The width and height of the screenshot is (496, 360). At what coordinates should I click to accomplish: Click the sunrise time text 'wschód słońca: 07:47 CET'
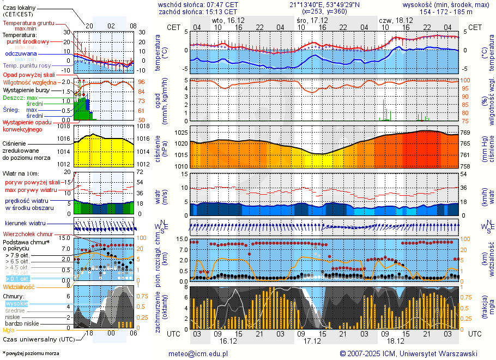click(198, 4)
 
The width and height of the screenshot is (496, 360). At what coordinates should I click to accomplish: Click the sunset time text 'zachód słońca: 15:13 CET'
click(198, 11)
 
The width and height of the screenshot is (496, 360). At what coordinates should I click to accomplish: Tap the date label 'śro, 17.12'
click(309, 20)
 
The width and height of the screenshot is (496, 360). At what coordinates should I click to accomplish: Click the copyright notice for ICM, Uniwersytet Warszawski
click(408, 353)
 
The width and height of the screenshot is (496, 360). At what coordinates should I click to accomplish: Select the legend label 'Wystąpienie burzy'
click(26, 89)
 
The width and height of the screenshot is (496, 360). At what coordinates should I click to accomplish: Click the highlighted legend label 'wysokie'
click(16, 303)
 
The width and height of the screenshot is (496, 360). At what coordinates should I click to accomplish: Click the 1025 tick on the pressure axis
click(181, 133)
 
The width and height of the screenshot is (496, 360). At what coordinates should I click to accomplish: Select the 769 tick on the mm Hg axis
click(467, 133)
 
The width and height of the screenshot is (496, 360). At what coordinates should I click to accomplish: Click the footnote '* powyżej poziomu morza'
click(31, 353)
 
